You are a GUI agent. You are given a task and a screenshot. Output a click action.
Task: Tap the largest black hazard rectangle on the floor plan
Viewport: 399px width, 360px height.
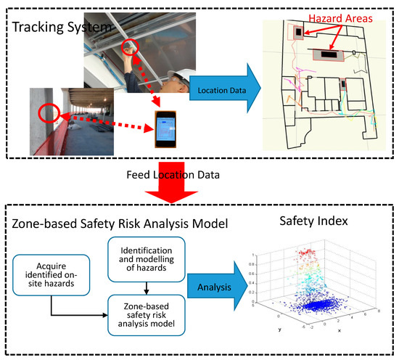(x=329, y=54)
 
